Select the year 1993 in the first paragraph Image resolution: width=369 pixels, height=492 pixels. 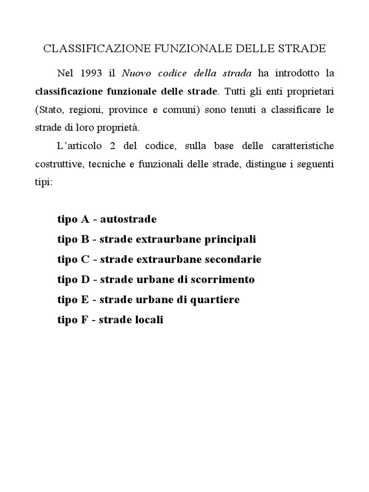coord(92,74)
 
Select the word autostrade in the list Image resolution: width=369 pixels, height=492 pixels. coord(128,220)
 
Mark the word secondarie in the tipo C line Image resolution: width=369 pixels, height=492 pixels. coord(233,259)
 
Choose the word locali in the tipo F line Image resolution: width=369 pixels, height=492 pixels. coord(147,320)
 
